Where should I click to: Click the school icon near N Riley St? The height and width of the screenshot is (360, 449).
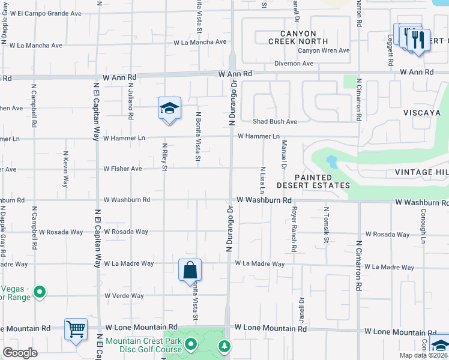[169, 109]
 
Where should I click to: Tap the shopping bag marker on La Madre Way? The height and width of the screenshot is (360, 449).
[190, 271]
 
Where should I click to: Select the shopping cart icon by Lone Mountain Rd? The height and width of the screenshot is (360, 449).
[76, 329]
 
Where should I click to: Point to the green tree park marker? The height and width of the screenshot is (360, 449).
[224, 346]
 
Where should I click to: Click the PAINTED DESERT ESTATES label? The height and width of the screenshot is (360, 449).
[314, 182]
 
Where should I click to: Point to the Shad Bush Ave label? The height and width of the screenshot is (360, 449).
[274, 122]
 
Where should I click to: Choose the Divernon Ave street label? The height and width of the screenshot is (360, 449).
[294, 64]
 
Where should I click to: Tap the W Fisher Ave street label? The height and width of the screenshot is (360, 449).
[122, 169]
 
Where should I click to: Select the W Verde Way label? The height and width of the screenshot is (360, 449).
[124, 296]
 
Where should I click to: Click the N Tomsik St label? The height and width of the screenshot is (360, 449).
[327, 226]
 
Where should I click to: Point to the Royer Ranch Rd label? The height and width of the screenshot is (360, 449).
[294, 230]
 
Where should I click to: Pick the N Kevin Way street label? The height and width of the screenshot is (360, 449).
[65, 171]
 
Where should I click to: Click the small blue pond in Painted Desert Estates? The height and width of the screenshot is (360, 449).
[331, 162]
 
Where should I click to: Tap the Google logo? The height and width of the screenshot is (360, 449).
[20, 353]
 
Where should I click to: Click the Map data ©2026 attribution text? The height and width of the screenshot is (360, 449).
[423, 355]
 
